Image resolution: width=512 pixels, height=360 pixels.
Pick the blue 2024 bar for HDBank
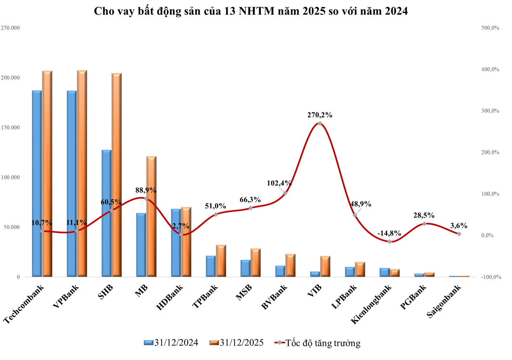pyautogui.click(x=176, y=243)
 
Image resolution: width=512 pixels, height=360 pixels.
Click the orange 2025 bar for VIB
pyautogui.click(x=325, y=266)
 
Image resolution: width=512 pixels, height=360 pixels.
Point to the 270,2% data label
pyautogui.click(x=319, y=115)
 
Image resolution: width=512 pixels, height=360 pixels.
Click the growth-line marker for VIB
pyautogui.click(x=320, y=124)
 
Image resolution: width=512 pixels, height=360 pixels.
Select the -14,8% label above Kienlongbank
pyautogui.click(x=389, y=233)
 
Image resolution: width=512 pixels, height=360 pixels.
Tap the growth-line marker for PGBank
pyautogui.click(x=424, y=224)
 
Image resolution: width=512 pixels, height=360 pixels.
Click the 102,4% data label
pyautogui.click(x=279, y=183)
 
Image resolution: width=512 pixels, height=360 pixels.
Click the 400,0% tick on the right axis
pyautogui.click(x=490, y=70)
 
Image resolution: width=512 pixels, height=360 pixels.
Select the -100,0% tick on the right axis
pyautogui.click(x=491, y=277)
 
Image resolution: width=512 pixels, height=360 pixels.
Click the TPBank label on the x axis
pyautogui.click(x=205, y=297)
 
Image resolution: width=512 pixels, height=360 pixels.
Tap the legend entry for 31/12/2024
pyautogui.click(x=171, y=343)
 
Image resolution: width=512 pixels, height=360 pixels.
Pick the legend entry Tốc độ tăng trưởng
pyautogui.click(x=318, y=343)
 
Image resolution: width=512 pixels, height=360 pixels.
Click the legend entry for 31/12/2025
pyautogui.click(x=236, y=343)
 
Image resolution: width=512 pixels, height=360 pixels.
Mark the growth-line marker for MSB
pyautogui.click(x=250, y=208)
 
